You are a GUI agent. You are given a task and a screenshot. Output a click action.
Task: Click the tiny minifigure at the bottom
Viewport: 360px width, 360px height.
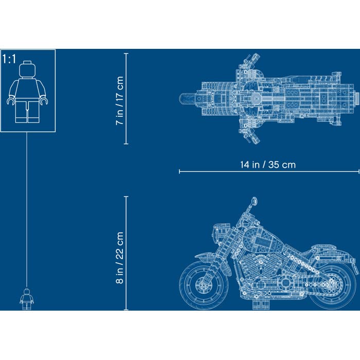[x=26, y=299]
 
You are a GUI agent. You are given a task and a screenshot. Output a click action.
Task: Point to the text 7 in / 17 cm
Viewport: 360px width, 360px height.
[x=120, y=101]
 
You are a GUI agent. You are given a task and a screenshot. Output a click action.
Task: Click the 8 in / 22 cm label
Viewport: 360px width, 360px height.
[x=120, y=258]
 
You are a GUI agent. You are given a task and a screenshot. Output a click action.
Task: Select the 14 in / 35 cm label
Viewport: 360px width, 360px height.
[x=267, y=165]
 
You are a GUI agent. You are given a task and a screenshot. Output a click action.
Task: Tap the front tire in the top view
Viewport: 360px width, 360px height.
[x=190, y=97]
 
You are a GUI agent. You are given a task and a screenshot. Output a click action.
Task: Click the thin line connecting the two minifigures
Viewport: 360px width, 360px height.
[x=26, y=206]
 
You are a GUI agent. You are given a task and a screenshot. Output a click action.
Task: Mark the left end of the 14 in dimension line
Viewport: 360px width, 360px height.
[x=179, y=171]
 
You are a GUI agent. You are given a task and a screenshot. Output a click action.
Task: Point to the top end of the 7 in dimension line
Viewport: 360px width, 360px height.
[x=126, y=53]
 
